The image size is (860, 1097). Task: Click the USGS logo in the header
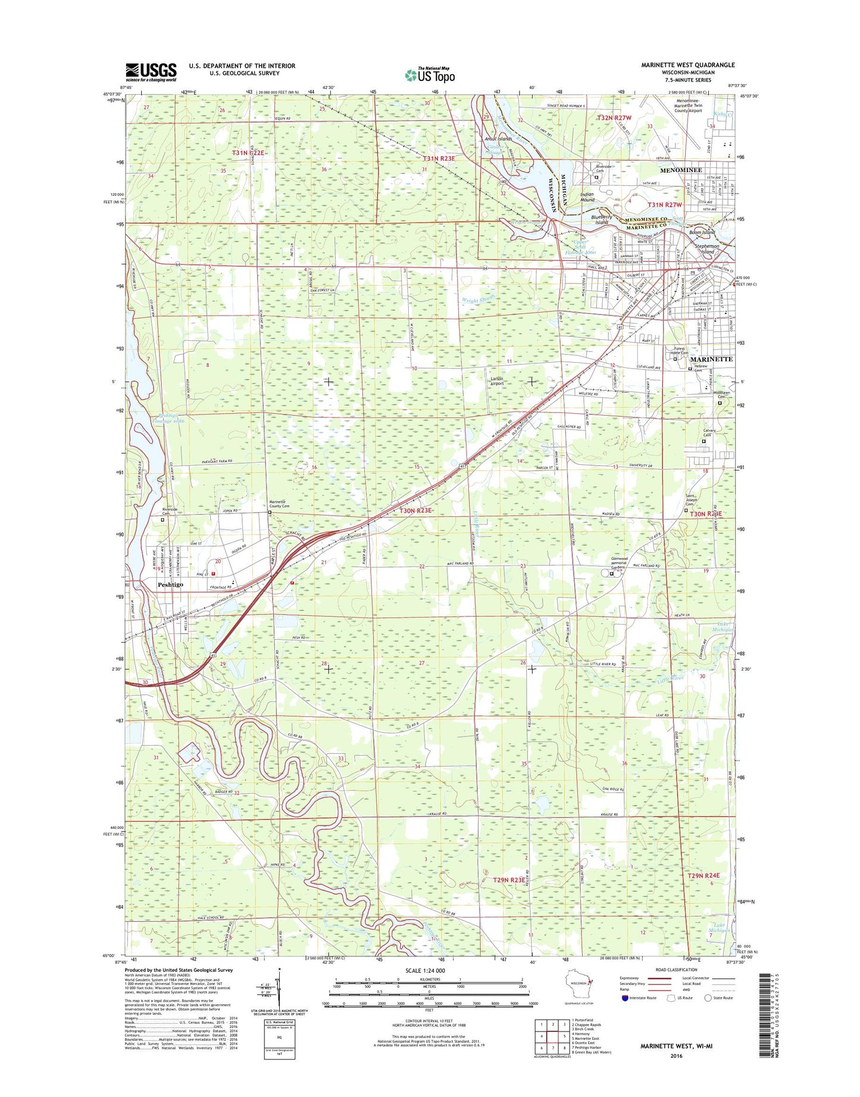151,72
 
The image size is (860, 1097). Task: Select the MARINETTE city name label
711,360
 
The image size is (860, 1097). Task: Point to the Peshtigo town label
170,585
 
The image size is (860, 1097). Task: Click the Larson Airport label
496,381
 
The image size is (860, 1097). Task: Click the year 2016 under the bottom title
676,1056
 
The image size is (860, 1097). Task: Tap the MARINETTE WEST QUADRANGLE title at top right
687,65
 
